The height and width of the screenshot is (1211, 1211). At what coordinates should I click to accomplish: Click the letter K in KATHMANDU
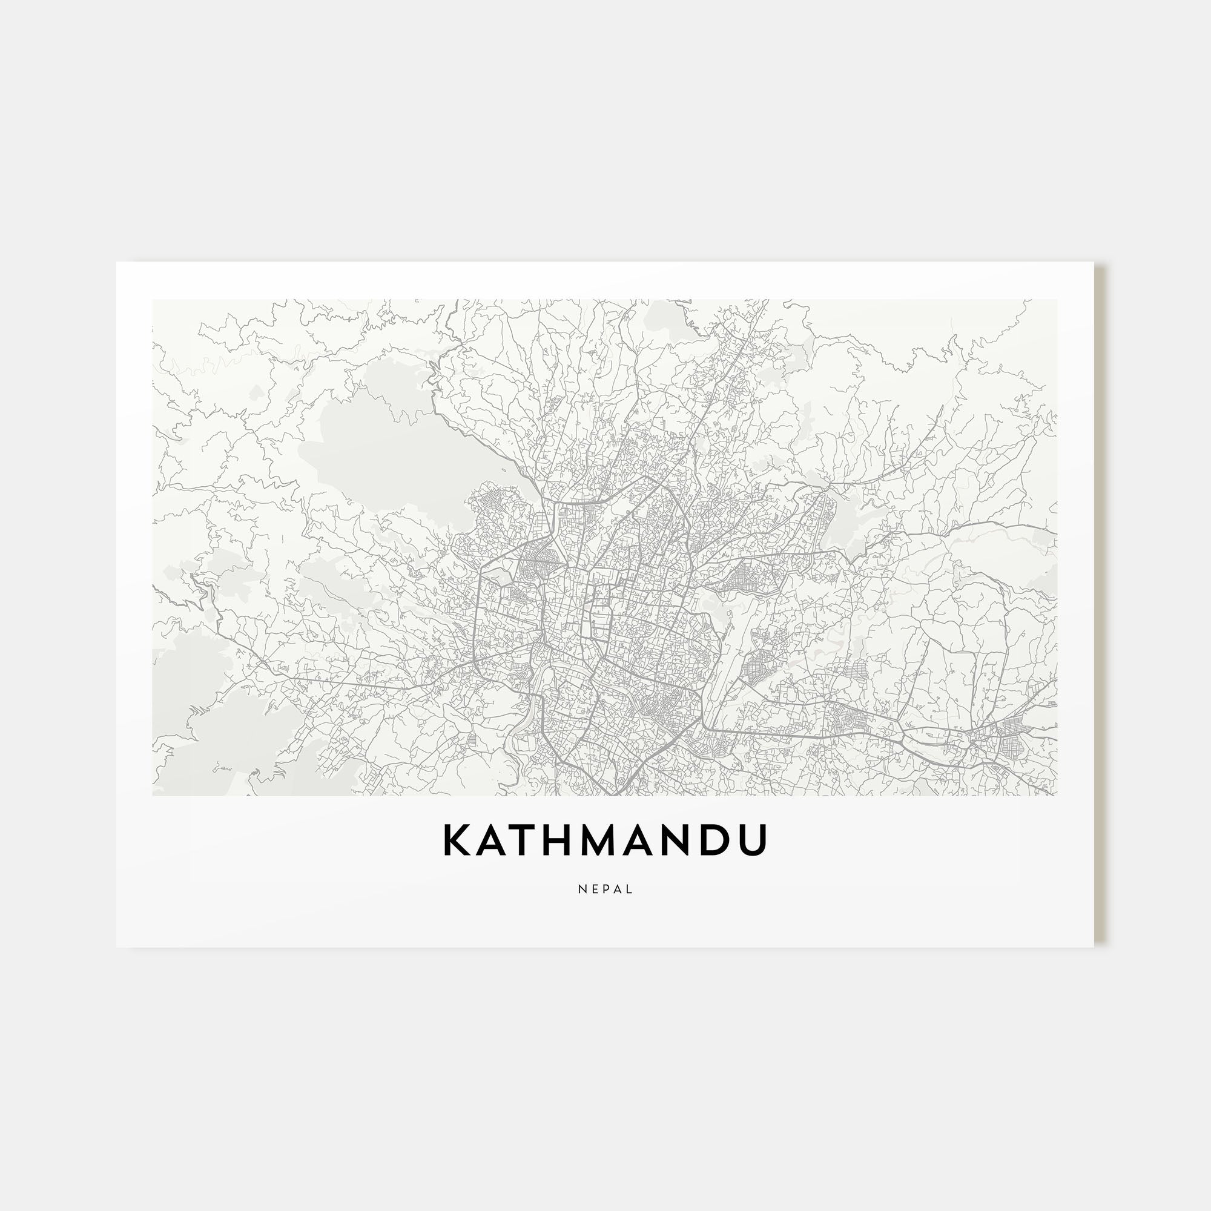pos(458,840)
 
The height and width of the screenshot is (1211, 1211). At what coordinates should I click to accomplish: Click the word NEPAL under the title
pos(605,889)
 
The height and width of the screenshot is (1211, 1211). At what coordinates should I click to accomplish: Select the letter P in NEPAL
pos(605,889)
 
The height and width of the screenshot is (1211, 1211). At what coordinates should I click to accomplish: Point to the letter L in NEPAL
pos(629,889)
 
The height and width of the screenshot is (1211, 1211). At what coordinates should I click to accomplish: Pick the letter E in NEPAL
pos(593,889)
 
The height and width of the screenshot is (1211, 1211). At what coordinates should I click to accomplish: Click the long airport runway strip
pos(721,652)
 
